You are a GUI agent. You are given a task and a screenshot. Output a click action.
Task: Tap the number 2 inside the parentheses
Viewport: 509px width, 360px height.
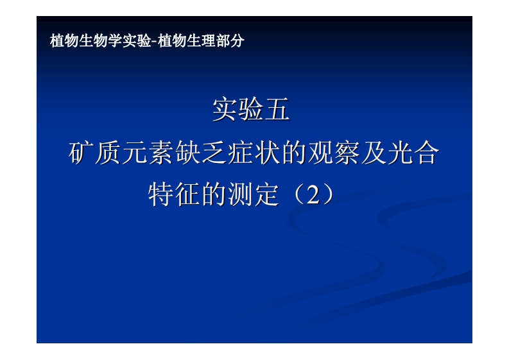click(x=313, y=194)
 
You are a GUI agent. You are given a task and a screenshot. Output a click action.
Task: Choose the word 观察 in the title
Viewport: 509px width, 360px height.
click(x=331, y=154)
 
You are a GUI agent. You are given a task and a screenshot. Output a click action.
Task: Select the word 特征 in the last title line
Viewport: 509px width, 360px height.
click(x=173, y=194)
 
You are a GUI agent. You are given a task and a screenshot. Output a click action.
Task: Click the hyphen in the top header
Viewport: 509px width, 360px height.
click(x=153, y=42)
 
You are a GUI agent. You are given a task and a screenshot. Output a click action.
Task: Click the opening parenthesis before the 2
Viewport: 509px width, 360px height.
click(x=293, y=194)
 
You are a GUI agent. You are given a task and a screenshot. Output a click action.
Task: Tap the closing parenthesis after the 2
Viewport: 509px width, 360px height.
click(x=330, y=194)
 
